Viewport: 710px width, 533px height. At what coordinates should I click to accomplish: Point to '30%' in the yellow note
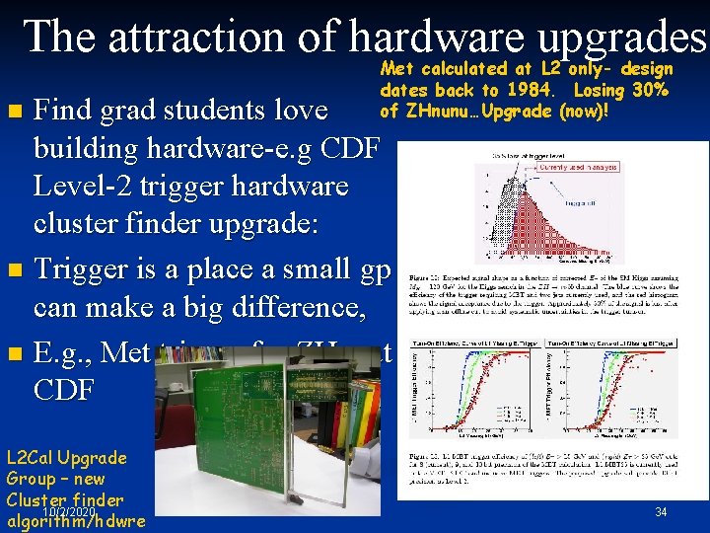[651, 90]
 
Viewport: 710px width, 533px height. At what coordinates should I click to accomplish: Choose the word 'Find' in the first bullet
[64, 107]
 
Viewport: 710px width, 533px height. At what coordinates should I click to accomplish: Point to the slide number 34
[662, 511]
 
